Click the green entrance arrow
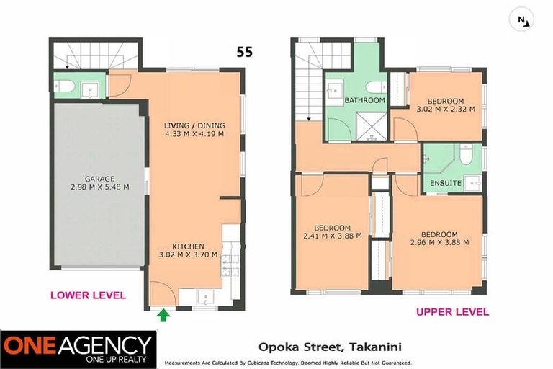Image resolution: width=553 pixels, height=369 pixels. click(163, 314)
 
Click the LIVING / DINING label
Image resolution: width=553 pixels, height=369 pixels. click(193, 125)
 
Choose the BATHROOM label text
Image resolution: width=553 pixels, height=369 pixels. click(364, 100)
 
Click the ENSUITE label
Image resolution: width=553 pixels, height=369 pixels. click(446, 183)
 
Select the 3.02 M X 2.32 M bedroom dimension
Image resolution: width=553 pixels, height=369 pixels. click(445, 110)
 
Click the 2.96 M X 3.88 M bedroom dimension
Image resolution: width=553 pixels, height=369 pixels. click(439, 242)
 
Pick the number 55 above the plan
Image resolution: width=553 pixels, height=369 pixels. click(246, 51)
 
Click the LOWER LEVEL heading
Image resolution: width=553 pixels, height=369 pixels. click(87, 295)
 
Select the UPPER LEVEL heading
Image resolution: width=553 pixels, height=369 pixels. click(452, 312)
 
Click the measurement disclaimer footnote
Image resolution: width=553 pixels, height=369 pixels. click(288, 363)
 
